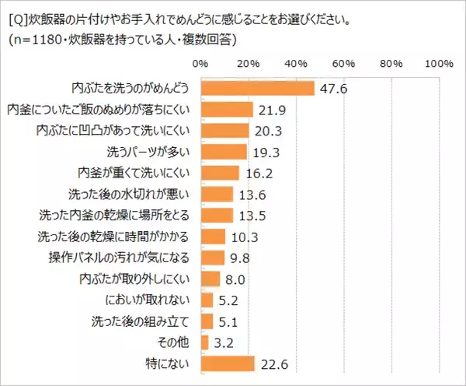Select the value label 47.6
click(331, 89)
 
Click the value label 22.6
click(272, 363)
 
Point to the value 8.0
click(235, 279)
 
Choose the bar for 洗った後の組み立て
click(207, 321)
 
